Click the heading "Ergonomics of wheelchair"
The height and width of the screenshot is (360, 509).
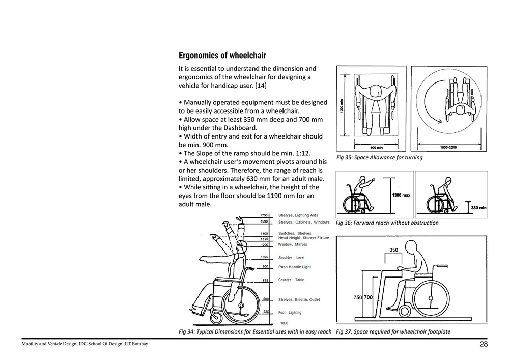point(222,56)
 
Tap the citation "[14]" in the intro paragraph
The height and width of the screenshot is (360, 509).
point(261,86)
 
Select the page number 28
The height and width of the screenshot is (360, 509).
point(484,344)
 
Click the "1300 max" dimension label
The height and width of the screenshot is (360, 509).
point(401,195)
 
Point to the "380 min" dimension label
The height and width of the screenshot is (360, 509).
point(479,208)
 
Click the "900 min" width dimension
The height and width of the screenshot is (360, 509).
point(377,148)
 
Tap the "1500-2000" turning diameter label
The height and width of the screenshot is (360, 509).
point(448,147)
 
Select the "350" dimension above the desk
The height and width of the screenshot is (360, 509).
point(393,250)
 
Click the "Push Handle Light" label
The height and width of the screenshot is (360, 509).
point(294,267)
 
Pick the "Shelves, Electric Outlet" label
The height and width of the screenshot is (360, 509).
point(299,299)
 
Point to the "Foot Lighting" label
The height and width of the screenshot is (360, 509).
point(290,313)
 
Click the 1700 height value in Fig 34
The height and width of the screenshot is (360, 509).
point(264,215)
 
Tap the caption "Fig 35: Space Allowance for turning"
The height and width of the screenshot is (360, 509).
point(380,157)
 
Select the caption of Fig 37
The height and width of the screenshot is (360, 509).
point(393,332)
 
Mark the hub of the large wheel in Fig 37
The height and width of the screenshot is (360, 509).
point(431,298)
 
